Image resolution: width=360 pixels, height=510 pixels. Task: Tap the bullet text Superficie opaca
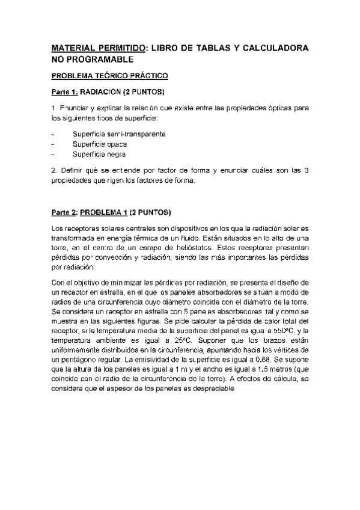tap(99, 144)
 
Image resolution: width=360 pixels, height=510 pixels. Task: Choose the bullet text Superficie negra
tap(99, 154)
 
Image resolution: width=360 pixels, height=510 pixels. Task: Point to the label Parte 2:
tap(64, 212)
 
